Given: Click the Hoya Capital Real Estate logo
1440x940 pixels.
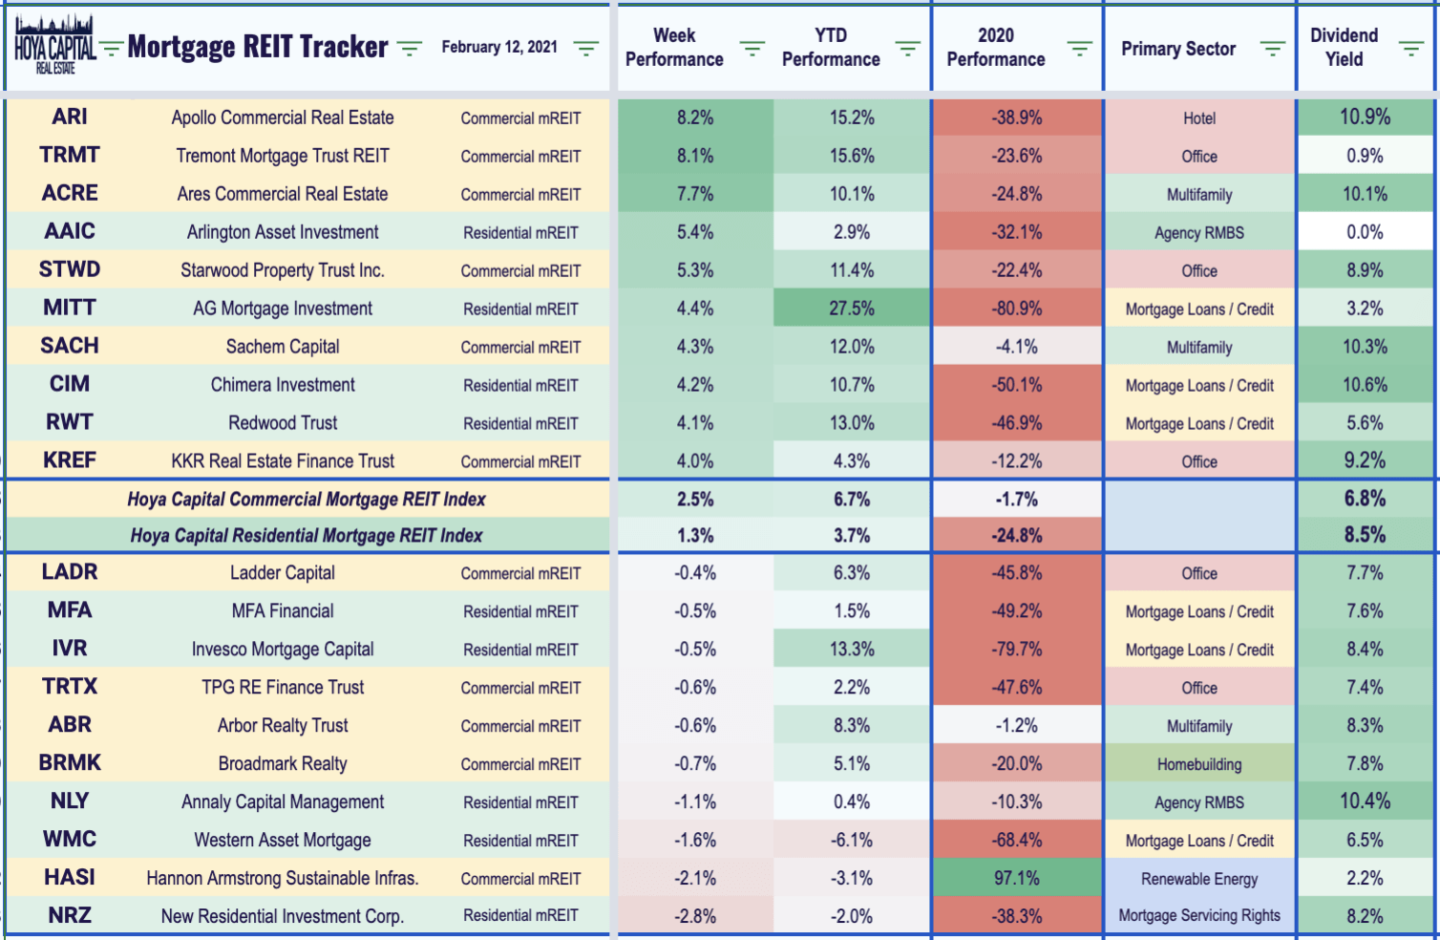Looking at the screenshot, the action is [55, 44].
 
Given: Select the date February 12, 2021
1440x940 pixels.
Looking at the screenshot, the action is [499, 47].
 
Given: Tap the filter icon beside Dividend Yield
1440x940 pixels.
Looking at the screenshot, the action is [1411, 48].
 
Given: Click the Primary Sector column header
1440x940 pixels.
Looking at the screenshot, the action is [1178, 49].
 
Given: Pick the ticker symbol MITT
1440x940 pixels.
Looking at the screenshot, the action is [70, 308].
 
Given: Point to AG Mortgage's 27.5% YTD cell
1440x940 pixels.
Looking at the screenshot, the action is [852, 308].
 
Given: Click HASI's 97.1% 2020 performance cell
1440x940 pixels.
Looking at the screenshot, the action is [1017, 878].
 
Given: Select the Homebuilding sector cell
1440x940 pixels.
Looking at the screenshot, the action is [1199, 764].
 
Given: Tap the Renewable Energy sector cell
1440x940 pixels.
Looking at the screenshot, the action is [1199, 878].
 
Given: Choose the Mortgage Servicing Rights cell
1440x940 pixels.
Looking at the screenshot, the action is [1199, 915].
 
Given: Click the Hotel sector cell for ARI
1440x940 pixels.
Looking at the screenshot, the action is [1199, 118].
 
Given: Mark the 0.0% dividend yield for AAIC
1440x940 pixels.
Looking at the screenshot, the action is [1365, 232].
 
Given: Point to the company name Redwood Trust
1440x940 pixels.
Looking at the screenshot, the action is [283, 422].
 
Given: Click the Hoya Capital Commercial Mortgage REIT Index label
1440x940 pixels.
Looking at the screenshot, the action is [306, 499].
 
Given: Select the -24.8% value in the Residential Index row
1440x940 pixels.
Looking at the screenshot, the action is [1017, 535].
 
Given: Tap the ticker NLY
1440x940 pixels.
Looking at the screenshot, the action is [70, 801].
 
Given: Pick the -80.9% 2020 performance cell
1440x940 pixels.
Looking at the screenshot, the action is [1017, 308].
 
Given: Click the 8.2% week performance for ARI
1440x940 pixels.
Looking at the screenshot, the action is [695, 117].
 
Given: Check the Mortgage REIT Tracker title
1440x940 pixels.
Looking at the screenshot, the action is [258, 46].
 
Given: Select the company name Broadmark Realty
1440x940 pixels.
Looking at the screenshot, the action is [283, 763].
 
